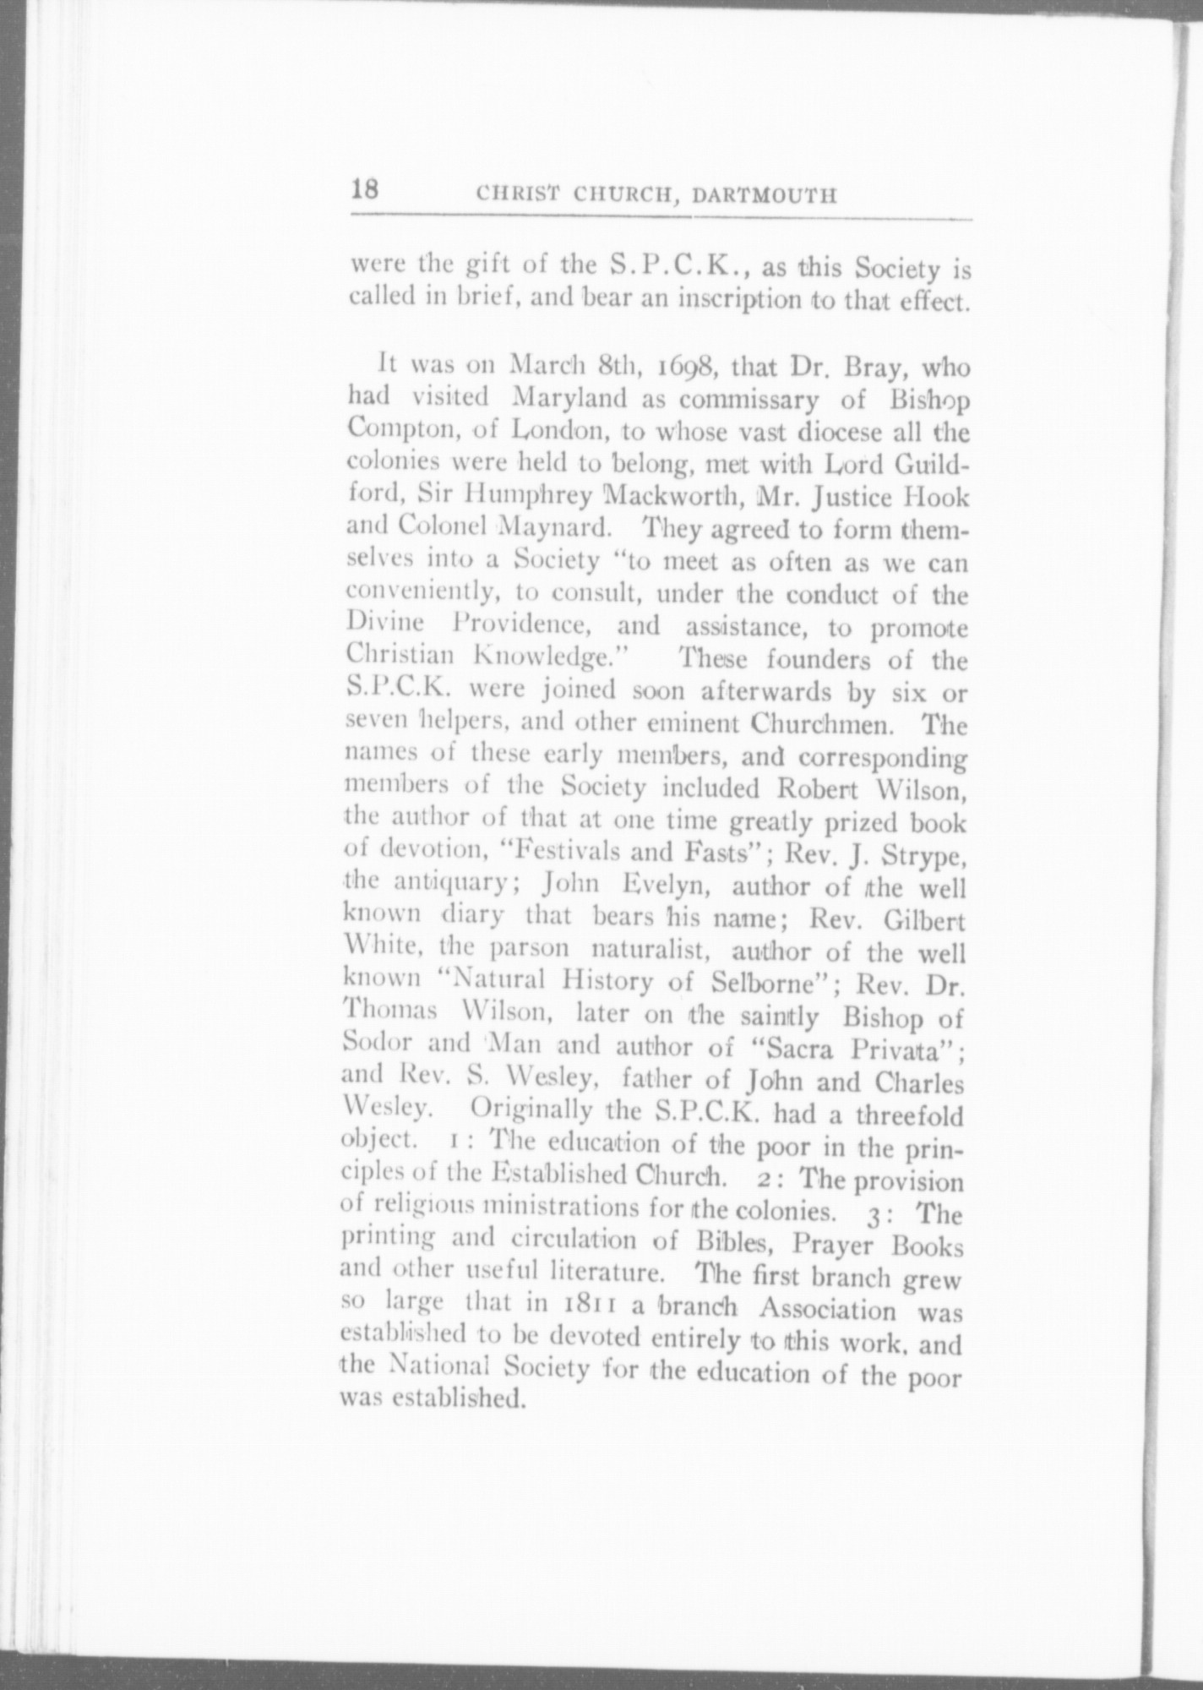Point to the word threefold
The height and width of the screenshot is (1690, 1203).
pos(908,1117)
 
